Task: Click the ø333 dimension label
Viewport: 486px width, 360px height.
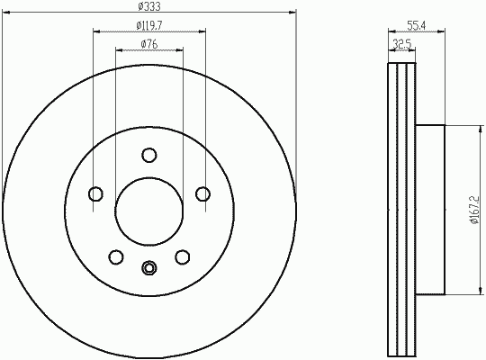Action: click(149, 6)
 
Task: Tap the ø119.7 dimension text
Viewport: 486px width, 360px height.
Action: click(149, 25)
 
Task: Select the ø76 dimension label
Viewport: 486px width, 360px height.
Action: click(149, 44)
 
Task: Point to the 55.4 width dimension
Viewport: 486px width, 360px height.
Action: click(417, 26)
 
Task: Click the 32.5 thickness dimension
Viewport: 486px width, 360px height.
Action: click(401, 44)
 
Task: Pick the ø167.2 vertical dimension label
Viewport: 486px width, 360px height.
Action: click(475, 210)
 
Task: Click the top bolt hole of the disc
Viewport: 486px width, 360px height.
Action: click(149, 155)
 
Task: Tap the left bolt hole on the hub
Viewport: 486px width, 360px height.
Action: click(95, 194)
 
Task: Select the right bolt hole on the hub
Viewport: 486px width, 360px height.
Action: click(202, 194)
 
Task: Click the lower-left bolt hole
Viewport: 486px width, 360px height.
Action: click(116, 257)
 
